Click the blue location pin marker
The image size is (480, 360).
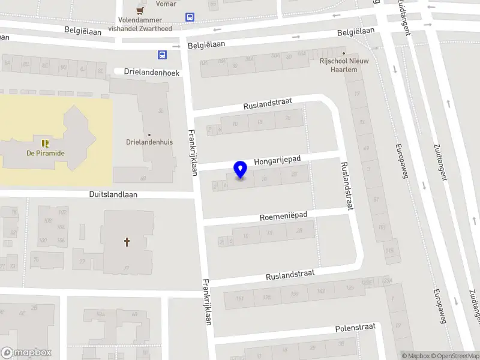240,170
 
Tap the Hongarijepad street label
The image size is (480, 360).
277,161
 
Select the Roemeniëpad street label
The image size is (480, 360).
284,215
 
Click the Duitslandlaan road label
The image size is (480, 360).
113,194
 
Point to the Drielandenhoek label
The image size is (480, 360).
152,72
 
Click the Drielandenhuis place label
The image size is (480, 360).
149,143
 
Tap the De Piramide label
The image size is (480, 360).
45,153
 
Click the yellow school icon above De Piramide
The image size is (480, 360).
45,143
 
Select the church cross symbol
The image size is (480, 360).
127,242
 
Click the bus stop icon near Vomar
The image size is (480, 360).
190,17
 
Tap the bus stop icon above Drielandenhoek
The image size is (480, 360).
162,55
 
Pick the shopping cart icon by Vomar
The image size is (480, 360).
140,10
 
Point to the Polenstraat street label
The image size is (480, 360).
355,328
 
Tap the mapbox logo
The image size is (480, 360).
26,353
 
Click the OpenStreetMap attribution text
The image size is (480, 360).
454,356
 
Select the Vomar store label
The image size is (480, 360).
166,4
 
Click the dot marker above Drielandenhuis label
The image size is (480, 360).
149,135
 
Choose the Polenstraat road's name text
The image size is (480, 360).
355,328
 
